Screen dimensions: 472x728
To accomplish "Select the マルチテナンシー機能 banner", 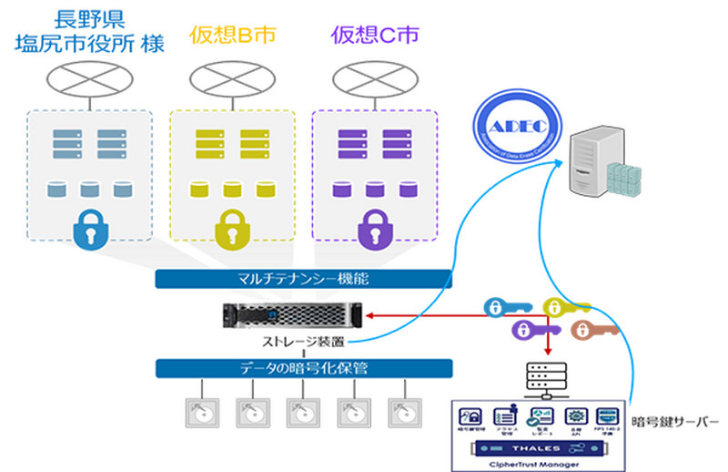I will point(303,279).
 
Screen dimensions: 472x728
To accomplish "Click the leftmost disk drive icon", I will point(201,411).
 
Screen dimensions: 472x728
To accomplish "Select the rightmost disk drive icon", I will point(401,411).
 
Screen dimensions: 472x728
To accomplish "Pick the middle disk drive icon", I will point(301,411).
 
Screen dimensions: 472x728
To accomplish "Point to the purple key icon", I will point(527,329).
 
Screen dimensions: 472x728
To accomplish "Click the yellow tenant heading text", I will point(231,35).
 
